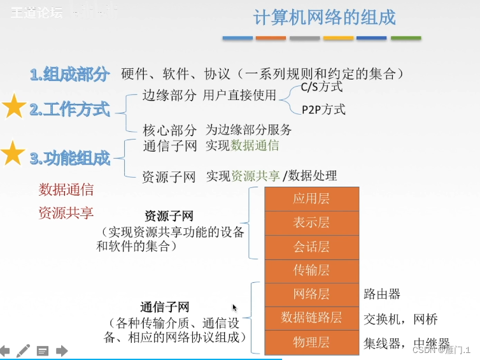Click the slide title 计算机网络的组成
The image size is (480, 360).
click(x=325, y=17)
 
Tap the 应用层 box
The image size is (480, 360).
click(x=311, y=199)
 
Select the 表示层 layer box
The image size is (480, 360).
click(x=311, y=223)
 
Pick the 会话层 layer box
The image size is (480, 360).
click(x=311, y=247)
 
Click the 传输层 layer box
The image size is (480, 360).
click(x=311, y=271)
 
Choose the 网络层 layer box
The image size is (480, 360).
click(x=311, y=294)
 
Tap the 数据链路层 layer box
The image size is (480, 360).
click(x=311, y=318)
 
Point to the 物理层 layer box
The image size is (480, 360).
click(x=311, y=342)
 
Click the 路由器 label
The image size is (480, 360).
click(x=382, y=294)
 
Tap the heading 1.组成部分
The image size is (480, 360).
click(x=69, y=74)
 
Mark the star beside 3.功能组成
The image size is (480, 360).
click(x=13, y=154)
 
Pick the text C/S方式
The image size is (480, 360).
click(x=321, y=87)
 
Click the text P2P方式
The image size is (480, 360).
click(x=323, y=110)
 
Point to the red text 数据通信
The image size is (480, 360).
click(x=66, y=189)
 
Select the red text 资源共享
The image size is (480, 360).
click(x=66, y=212)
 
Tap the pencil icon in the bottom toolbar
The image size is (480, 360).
click(x=23, y=350)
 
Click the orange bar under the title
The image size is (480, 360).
click(x=271, y=38)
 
